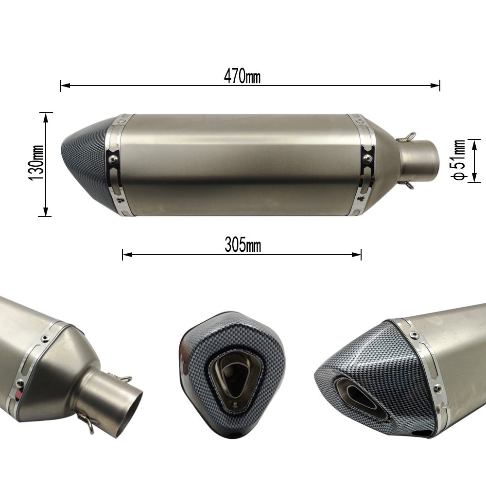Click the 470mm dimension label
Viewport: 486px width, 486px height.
tap(242, 76)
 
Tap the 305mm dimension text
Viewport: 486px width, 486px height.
tap(243, 245)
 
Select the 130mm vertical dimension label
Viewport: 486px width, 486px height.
tap(36, 163)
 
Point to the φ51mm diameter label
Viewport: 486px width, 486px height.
tap(458, 159)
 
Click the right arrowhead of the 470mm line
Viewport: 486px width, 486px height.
tap(435, 85)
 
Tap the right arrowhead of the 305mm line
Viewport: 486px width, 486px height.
tap(356, 255)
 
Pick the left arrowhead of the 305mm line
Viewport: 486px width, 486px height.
tap(127, 255)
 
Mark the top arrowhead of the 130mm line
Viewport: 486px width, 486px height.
tap(46, 118)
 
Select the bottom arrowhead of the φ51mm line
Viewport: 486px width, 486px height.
tap(474, 177)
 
